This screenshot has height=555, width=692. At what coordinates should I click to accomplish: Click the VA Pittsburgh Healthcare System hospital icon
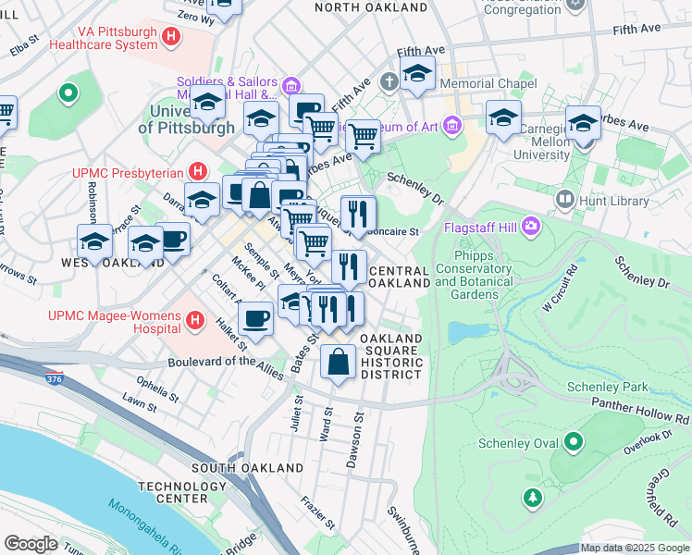[170, 37]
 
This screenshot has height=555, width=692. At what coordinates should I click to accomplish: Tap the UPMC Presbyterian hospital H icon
[196, 171]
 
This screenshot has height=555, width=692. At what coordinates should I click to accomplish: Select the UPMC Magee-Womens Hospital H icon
[194, 321]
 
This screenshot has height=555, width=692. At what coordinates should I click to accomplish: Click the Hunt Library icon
[563, 199]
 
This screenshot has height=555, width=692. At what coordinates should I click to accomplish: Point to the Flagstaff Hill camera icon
[531, 225]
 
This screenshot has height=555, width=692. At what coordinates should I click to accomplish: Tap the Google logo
[31, 543]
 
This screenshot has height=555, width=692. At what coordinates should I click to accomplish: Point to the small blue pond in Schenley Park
[463, 332]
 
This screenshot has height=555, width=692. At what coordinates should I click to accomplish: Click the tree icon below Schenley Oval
[532, 499]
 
